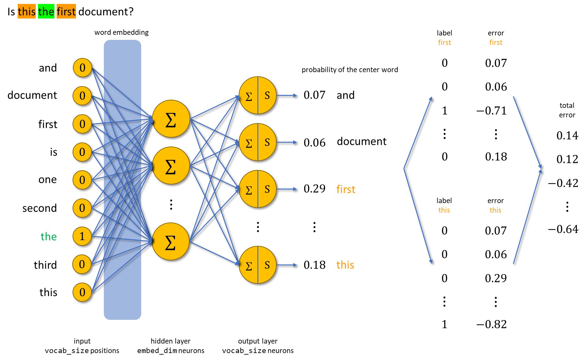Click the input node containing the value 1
82,236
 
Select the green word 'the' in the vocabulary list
49,237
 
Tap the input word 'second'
40,208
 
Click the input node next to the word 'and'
82,68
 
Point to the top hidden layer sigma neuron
171,119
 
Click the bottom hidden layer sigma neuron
171,242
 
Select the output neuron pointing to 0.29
258,189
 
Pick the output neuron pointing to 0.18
258,265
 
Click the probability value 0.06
314,143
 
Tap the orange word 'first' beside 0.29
346,189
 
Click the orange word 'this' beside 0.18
345,265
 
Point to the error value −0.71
492,111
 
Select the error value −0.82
492,324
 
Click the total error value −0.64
563,229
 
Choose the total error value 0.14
567,136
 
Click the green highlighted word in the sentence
46,11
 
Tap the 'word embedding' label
122,32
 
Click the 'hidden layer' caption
171,341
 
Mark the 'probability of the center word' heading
350,70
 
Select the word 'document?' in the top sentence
106,12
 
